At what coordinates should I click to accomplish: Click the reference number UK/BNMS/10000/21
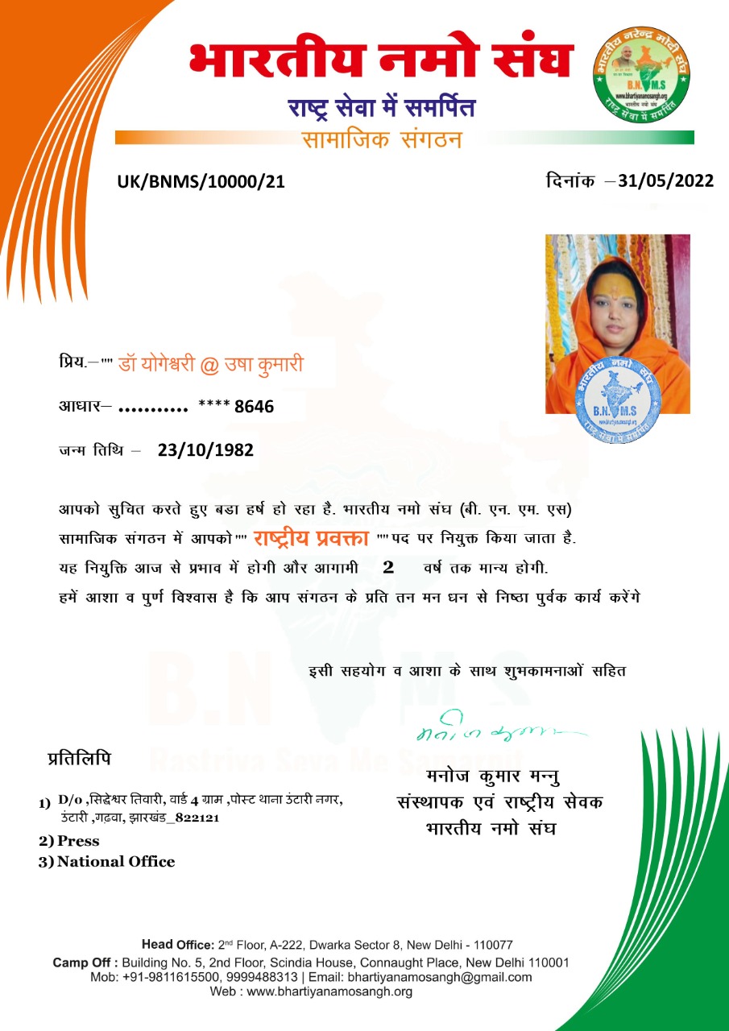[201, 182]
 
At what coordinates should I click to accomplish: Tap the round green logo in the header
[642, 77]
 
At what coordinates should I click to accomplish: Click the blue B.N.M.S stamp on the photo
[619, 399]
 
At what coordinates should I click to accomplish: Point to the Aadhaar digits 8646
[254, 408]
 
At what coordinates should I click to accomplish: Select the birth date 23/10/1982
[205, 450]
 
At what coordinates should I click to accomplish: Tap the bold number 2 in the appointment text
[388, 567]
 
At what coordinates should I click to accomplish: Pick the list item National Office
[115, 862]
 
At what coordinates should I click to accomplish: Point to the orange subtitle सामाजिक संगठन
[381, 139]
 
